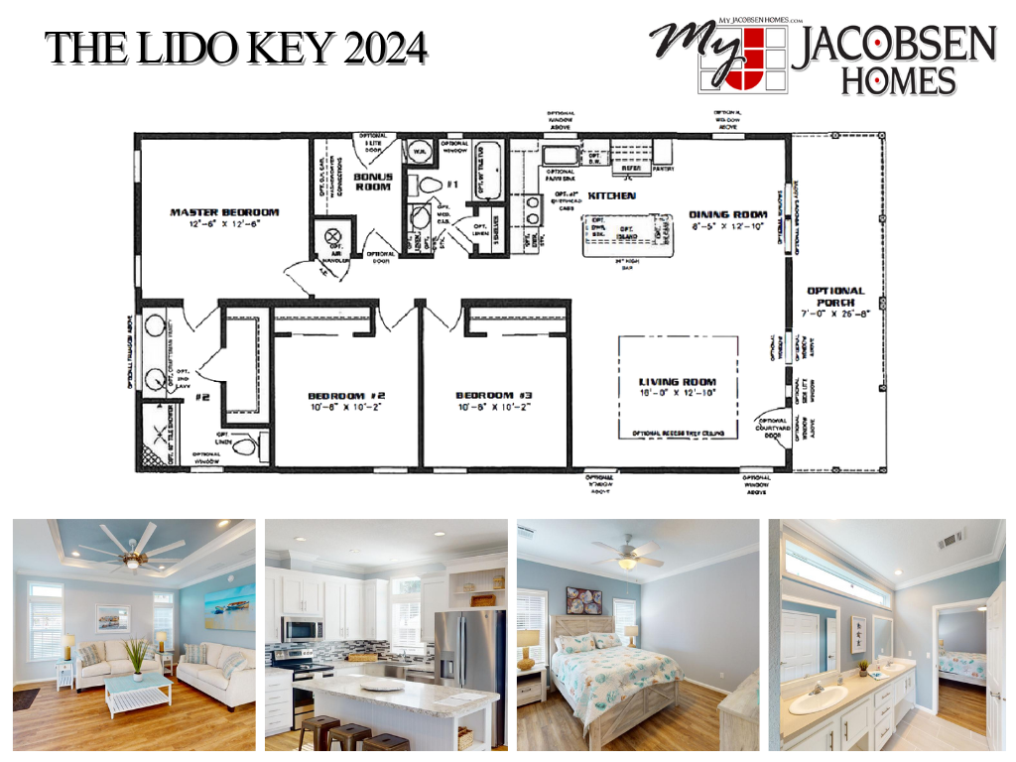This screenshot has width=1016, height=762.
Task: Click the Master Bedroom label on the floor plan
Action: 223,212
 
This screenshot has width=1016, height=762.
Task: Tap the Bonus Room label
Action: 373,182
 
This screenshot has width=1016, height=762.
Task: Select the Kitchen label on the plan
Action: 611,196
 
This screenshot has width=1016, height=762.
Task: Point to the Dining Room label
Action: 729,214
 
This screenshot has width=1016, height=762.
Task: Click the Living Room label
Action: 678,382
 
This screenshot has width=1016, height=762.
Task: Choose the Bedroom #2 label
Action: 346,395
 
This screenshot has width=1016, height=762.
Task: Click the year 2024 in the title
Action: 386,48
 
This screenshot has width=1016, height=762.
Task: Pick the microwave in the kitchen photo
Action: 302,629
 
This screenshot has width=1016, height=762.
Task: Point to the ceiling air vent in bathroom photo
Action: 952,540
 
